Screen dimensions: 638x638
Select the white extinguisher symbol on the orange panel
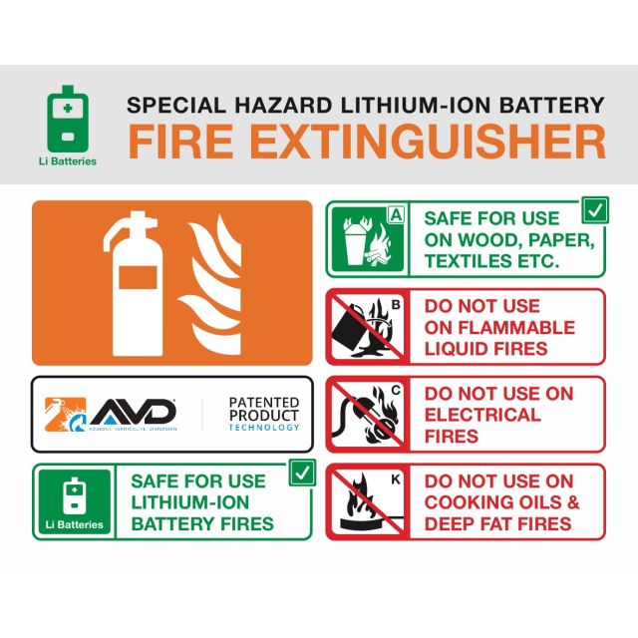coord(135,282)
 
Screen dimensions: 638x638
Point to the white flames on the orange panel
coord(212,284)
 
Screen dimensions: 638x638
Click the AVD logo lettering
coord(135,410)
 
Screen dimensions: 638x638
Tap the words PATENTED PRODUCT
coord(263,409)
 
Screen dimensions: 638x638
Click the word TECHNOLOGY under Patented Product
coord(263,427)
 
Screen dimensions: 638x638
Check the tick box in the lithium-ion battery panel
coord(302,474)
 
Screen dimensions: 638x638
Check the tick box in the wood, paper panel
coord(595,210)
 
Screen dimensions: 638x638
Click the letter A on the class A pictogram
coord(396,213)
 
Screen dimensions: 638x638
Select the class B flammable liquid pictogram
coord(366,327)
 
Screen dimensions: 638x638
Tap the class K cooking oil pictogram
coord(366,501)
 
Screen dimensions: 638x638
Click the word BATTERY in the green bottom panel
coord(169,523)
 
